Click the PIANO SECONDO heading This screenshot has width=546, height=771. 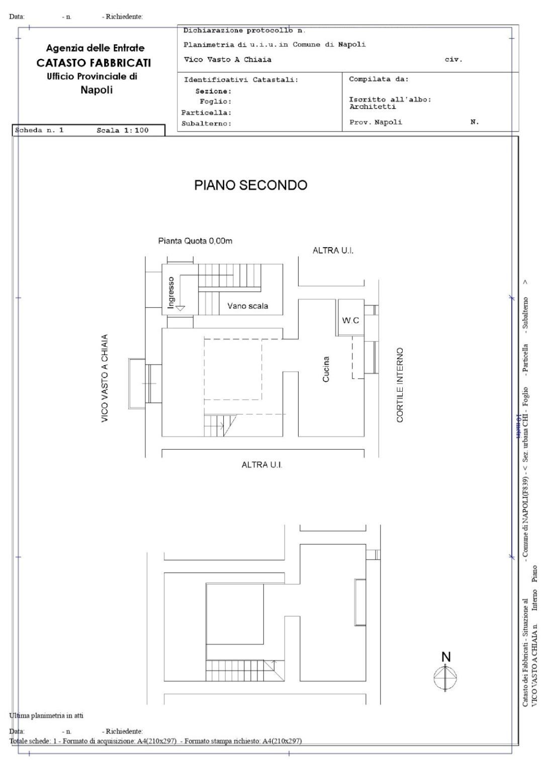click(250, 185)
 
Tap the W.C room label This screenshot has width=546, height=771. click(350, 320)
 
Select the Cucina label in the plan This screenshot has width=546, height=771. click(326, 369)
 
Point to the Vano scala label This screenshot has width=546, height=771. click(247, 306)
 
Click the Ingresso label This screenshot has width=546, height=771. click(171, 292)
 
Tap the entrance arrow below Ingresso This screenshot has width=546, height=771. click(179, 308)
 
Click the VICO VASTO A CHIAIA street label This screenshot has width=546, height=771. click(105, 378)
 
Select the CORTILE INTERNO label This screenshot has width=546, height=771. click(400, 385)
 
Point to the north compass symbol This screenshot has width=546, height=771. click(445, 677)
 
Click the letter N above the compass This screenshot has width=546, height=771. click(445, 657)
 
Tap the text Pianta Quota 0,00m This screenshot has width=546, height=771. click(195, 241)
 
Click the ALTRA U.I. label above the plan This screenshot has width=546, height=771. click(333, 251)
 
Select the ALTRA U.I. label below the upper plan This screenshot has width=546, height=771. click(262, 465)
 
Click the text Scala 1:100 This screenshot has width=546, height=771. click(123, 131)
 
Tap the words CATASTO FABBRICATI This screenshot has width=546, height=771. click(94, 63)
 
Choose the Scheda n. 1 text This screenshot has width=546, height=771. click(40, 131)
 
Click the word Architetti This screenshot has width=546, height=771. click(373, 106)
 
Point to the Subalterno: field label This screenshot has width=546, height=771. click(206, 124)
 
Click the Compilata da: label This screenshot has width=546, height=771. click(379, 79)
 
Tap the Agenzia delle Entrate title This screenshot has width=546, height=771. click(95, 48)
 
